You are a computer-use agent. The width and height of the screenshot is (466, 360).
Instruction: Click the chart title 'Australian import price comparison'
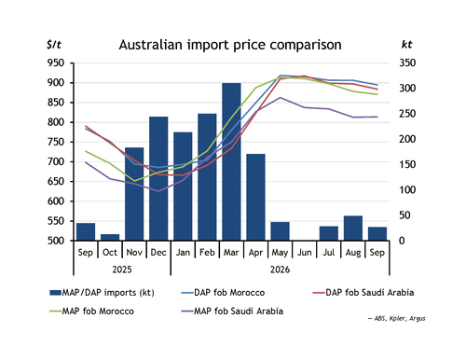(x=230, y=45)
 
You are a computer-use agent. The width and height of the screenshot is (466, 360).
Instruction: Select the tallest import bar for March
(x=231, y=161)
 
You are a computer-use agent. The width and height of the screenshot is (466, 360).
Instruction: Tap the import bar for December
(x=158, y=178)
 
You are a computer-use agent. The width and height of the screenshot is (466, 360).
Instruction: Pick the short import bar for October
(x=110, y=237)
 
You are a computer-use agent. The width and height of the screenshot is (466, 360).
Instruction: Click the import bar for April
(x=255, y=197)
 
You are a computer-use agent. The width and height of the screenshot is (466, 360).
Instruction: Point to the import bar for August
(x=353, y=228)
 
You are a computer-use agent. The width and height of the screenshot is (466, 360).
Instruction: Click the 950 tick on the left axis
(x=56, y=63)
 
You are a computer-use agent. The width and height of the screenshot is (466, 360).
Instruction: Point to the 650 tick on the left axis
(x=56, y=182)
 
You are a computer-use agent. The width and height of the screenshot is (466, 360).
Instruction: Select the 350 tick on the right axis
(x=407, y=63)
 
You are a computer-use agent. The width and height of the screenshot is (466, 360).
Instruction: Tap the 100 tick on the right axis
(x=407, y=190)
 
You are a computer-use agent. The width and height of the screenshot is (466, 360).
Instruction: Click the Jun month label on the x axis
(x=305, y=252)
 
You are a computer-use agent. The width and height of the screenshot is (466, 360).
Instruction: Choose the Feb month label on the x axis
(x=207, y=252)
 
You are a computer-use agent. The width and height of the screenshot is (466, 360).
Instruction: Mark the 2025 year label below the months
(x=122, y=270)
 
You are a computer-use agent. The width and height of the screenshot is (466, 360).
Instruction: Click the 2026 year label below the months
(x=280, y=270)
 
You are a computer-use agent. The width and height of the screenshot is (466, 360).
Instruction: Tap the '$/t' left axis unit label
(x=54, y=45)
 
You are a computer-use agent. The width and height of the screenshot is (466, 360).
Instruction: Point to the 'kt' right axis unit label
(x=406, y=45)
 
